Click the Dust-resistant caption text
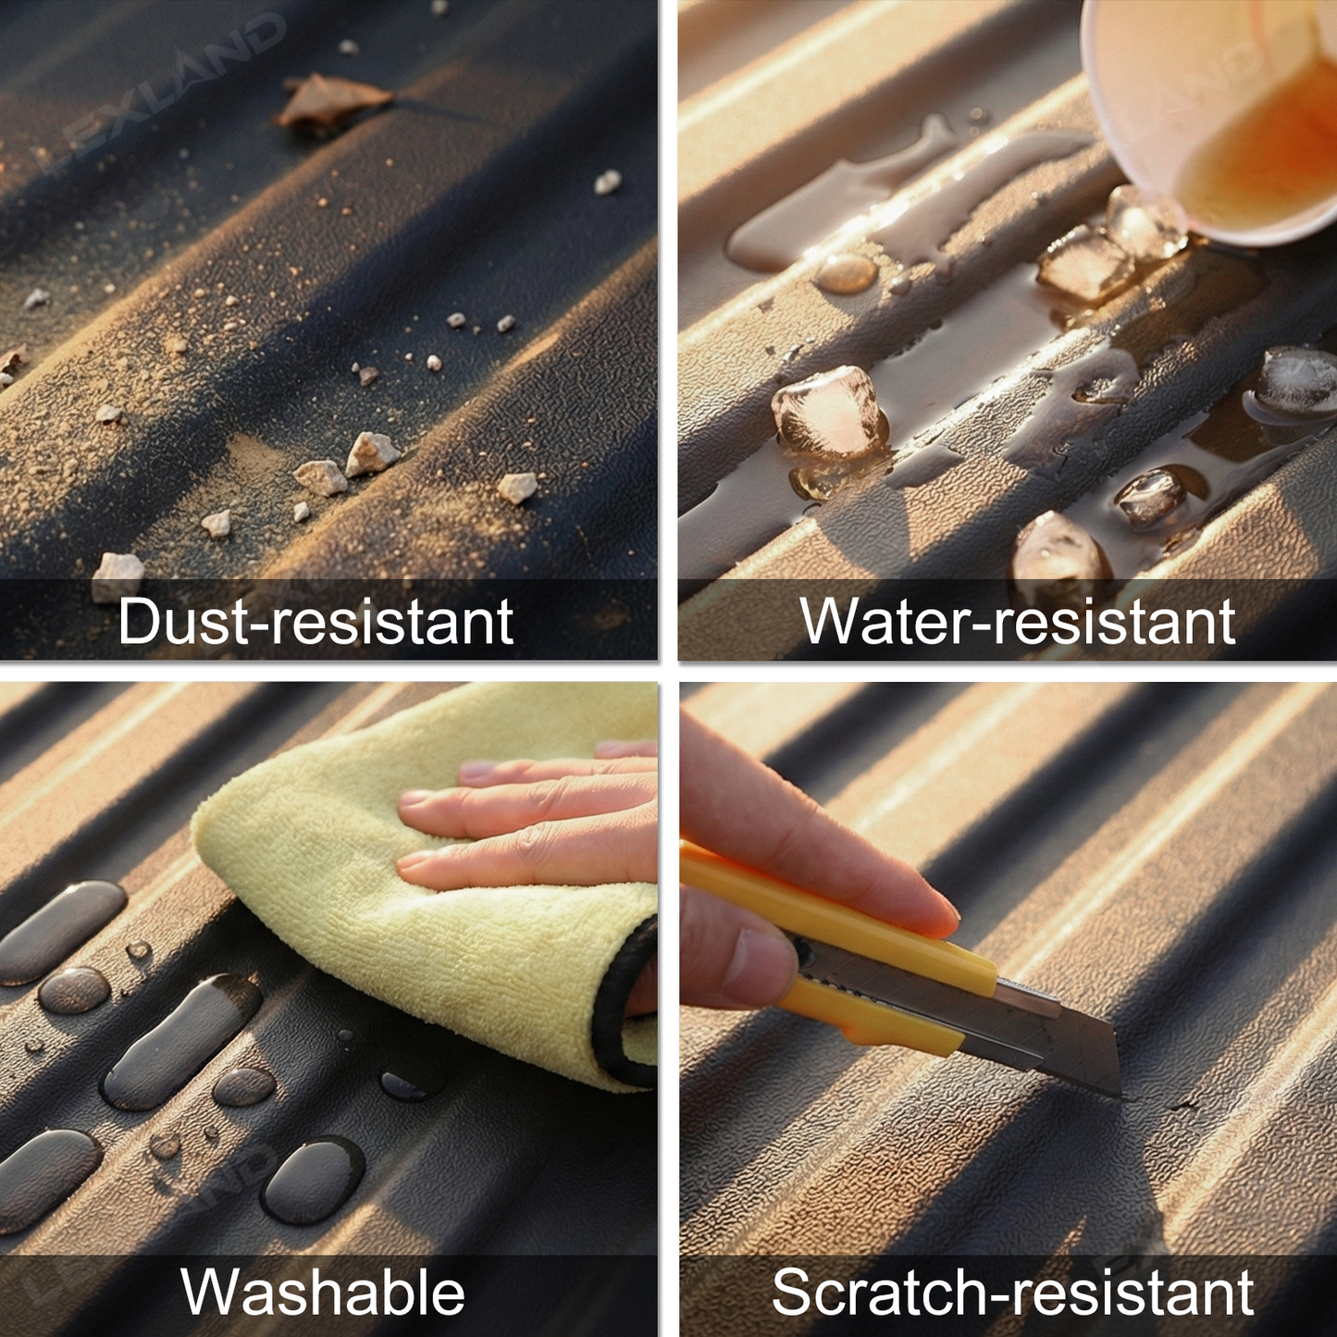click(x=316, y=620)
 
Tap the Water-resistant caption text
click(x=1018, y=620)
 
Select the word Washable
click(x=323, y=1292)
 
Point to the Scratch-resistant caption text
click(x=1012, y=1292)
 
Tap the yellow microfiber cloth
click(x=416, y=895)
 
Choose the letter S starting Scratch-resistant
click(x=792, y=1292)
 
